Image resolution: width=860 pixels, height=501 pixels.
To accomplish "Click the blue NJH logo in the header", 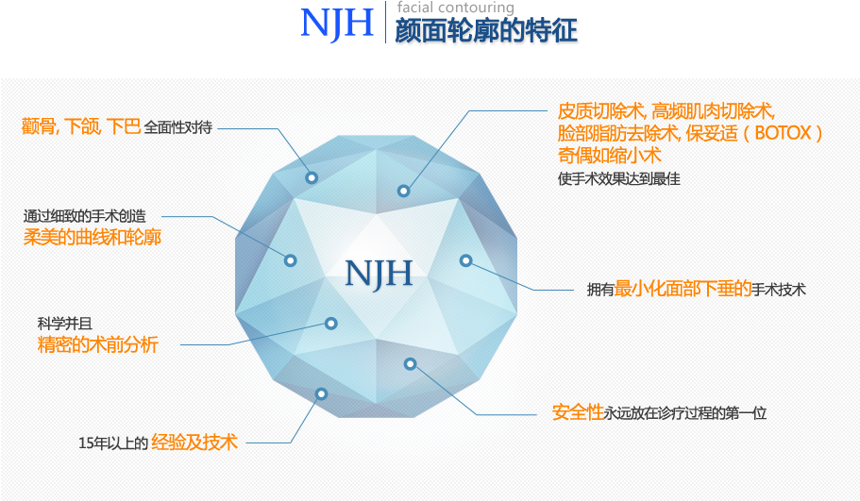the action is (x=337, y=24).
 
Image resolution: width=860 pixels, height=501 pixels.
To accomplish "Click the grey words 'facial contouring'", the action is (x=456, y=8).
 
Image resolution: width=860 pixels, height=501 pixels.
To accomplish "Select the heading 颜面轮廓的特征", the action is (x=486, y=31).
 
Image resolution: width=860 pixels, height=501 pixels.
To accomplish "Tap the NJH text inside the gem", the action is (x=379, y=274).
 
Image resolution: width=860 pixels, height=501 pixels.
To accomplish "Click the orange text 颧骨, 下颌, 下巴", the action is (x=81, y=126).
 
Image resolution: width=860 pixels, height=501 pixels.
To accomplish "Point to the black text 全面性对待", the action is (x=178, y=127).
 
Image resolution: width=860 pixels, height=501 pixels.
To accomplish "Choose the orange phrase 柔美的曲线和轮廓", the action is (x=93, y=237).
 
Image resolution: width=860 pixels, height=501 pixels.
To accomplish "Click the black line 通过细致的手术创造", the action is (x=85, y=216).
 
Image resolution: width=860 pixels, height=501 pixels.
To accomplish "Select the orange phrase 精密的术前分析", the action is (x=97, y=344).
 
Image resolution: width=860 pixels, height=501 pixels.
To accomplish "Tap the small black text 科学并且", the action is (x=65, y=324).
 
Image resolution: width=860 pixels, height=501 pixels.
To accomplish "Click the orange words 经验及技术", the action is (x=194, y=442).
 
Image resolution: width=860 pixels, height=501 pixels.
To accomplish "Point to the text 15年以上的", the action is (x=113, y=443).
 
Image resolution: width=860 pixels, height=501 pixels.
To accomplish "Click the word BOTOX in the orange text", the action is (x=783, y=133).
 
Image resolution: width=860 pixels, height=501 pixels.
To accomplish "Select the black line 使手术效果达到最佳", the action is (x=619, y=178).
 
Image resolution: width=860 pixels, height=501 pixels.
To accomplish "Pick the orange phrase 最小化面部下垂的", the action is (x=683, y=289).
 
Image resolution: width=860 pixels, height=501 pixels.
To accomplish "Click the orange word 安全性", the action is (x=578, y=412).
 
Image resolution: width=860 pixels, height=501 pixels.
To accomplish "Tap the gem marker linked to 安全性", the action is (x=410, y=364).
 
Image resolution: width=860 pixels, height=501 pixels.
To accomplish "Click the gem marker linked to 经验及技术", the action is (x=321, y=393).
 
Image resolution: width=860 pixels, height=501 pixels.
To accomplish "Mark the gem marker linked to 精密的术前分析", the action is (x=330, y=324).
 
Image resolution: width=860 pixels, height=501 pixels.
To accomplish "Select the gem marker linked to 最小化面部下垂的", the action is (x=465, y=260).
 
